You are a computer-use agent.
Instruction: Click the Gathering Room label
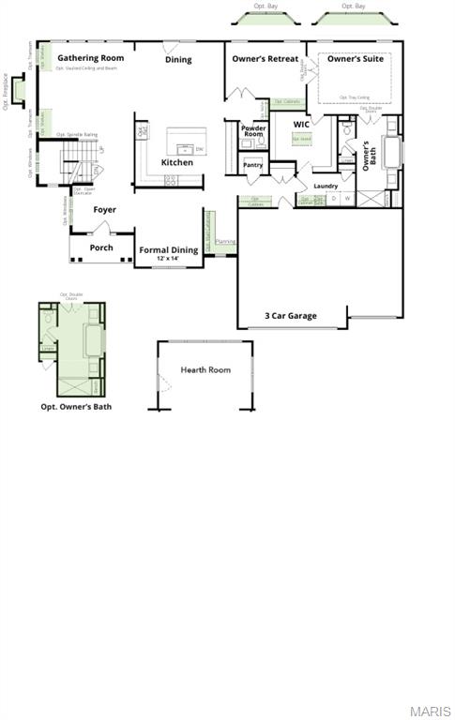coord(91,58)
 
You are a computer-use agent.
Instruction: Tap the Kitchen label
coord(177,162)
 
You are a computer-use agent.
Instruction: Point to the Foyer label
coord(105,210)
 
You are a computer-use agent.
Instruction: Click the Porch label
coord(101,247)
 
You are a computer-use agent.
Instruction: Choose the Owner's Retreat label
coord(265,59)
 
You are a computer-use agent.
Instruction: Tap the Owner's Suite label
coord(356,59)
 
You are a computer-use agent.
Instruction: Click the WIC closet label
coord(301,124)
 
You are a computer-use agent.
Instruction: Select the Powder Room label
coord(254,130)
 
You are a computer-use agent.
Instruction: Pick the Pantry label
coord(253,165)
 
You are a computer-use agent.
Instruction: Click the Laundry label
coord(326,186)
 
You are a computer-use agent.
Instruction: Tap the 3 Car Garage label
coord(291,316)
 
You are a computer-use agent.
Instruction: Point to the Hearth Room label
coord(205,370)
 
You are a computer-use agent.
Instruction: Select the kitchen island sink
coord(187,148)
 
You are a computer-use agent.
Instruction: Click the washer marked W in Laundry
coord(347,199)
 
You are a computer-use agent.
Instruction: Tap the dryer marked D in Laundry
coord(333,199)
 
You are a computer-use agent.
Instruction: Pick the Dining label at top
coord(178,59)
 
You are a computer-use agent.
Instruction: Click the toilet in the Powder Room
coord(262,142)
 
